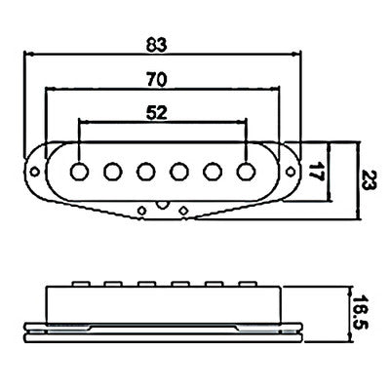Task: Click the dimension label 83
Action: click(x=156, y=45)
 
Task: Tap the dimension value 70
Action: click(x=156, y=80)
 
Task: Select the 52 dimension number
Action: click(x=157, y=113)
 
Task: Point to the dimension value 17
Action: click(x=316, y=172)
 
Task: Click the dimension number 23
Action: click(x=370, y=179)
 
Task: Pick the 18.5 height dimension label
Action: click(x=360, y=312)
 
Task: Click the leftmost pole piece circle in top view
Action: click(x=79, y=172)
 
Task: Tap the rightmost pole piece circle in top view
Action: click(x=246, y=172)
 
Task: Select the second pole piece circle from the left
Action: click(x=113, y=172)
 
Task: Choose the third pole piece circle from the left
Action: click(x=146, y=172)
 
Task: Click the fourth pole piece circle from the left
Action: click(x=179, y=172)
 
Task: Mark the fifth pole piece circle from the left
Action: click(x=213, y=172)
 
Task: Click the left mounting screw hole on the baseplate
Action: click(x=34, y=172)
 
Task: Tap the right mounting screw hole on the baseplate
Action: click(x=291, y=171)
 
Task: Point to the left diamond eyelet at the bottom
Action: click(x=141, y=211)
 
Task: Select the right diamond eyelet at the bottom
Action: click(x=184, y=211)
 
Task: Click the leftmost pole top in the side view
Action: click(x=81, y=284)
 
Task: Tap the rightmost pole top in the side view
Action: click(x=248, y=284)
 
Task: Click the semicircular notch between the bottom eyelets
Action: click(x=163, y=205)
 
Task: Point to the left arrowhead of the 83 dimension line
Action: click(x=29, y=54)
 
